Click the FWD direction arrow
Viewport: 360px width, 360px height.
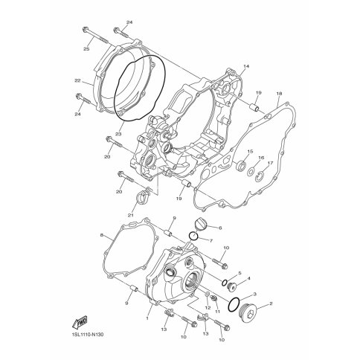(80, 322)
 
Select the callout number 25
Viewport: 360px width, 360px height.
(86, 49)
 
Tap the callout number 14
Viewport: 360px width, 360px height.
(246, 66)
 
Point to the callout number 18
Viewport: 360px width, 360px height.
(279, 94)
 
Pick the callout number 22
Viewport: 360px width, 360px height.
(77, 80)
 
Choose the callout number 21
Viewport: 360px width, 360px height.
(131, 215)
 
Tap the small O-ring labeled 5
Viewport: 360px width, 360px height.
(225, 282)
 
